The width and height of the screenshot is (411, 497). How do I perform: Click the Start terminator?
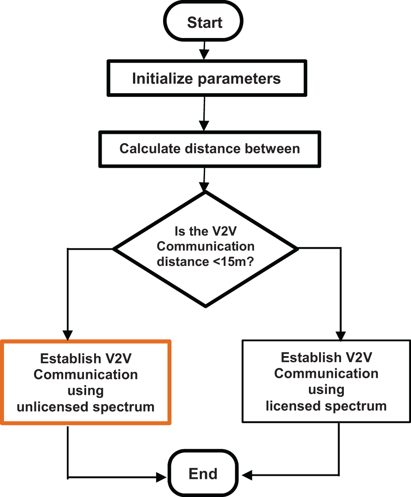205,22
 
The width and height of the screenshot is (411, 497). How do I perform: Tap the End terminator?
203,474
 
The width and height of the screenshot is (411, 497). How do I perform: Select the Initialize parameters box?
206,79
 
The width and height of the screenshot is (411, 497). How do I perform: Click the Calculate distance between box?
209,148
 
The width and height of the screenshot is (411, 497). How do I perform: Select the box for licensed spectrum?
326,381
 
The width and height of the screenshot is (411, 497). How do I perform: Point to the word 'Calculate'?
145,148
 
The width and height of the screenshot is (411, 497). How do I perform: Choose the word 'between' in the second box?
274,148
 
